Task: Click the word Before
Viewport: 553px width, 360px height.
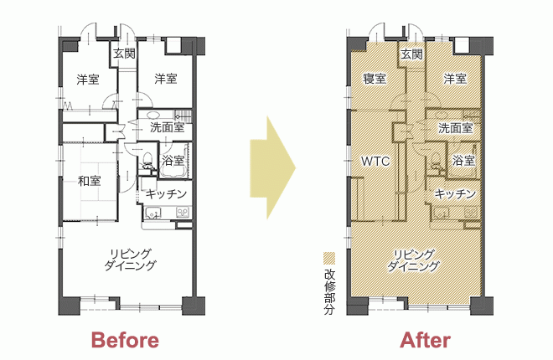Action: [125, 340]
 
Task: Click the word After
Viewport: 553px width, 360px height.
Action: [426, 340]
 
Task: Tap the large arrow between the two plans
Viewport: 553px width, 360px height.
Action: [272, 167]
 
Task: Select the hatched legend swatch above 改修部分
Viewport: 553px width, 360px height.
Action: [329, 258]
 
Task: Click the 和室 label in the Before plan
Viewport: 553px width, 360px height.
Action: [89, 181]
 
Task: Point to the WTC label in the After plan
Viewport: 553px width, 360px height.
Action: [375, 162]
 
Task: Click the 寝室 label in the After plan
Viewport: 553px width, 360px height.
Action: [375, 78]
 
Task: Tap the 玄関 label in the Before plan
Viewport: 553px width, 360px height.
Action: [124, 54]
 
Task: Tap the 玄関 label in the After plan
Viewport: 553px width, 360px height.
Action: [412, 54]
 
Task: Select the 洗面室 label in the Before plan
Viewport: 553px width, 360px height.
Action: [168, 127]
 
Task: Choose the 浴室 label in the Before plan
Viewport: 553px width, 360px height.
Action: [173, 160]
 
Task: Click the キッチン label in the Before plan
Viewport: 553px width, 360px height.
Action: [166, 193]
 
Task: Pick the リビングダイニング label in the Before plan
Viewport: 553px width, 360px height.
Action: [130, 260]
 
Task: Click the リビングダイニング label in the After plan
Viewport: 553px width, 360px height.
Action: [413, 260]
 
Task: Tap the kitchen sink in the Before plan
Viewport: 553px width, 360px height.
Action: [152, 213]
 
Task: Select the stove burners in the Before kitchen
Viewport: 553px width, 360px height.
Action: [183, 212]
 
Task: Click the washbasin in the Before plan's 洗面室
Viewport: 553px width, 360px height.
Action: [153, 115]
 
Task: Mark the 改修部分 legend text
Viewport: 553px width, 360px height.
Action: [329, 291]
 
